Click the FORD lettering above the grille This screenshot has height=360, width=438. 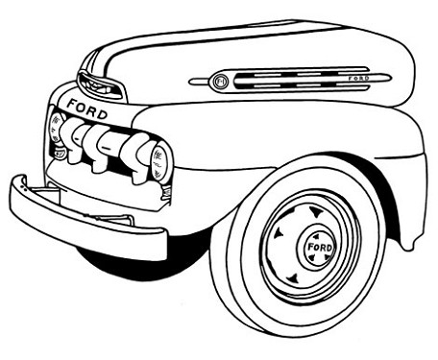point(86,108)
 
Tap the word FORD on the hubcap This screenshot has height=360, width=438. point(320,247)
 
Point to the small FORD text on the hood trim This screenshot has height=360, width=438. point(358,78)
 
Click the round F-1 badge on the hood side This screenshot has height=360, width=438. point(220,81)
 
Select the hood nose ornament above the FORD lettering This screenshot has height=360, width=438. point(99,84)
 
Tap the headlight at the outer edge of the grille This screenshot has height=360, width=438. point(56,128)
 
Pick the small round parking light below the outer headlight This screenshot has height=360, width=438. point(60,154)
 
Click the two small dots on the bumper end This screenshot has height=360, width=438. point(22,187)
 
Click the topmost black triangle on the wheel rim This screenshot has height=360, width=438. point(314,212)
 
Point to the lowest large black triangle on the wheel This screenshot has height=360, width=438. point(293,277)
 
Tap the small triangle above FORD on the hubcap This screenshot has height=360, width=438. point(316,236)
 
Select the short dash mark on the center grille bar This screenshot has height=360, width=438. point(106,148)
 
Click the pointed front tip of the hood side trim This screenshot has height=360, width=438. point(189,82)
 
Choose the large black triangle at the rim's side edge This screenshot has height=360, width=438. point(278,233)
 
